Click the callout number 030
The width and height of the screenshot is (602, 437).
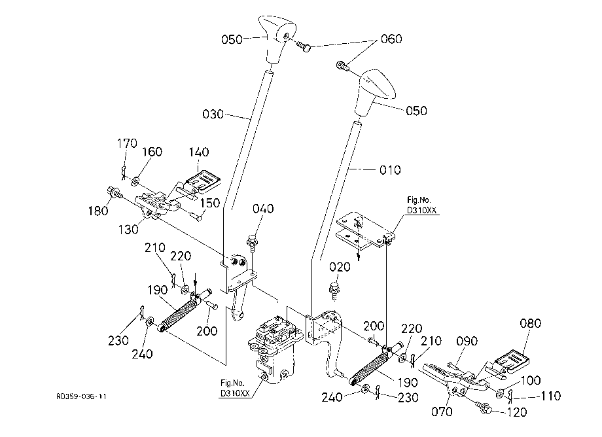[213, 114]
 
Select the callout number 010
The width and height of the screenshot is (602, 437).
[390, 170]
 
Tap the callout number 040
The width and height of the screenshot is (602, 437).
[263, 209]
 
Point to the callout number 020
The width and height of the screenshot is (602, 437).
[340, 267]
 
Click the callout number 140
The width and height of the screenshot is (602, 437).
[198, 152]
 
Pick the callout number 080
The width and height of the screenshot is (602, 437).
[530, 323]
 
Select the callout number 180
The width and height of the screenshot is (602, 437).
[98, 211]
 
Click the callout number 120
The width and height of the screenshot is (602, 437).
[517, 412]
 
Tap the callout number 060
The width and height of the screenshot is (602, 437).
[391, 39]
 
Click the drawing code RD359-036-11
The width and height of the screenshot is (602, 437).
[81, 396]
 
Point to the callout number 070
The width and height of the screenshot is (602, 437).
[442, 411]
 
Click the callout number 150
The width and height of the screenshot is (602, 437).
[210, 203]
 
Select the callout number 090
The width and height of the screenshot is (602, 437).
[467, 341]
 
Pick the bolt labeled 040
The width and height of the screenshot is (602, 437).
[252, 243]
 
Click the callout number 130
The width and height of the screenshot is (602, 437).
[128, 230]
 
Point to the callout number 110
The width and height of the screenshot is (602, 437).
[550, 396]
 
